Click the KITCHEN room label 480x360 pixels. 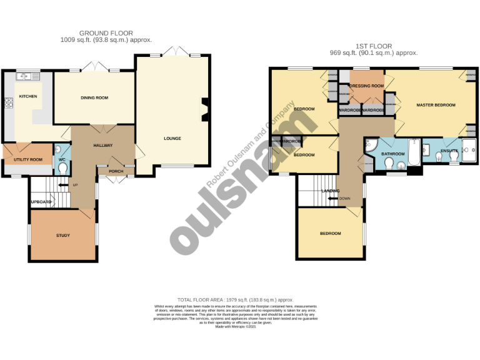click(28, 96)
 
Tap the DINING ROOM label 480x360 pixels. click(94, 97)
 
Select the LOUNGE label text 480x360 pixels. click(172, 138)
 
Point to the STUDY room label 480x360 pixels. click(62, 236)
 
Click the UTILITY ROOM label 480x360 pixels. click(28, 160)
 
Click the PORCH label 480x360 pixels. click(116, 171)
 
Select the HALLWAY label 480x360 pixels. click(102, 145)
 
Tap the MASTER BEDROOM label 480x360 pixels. click(436, 105)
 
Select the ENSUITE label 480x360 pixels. click(449, 151)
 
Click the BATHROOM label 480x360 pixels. click(394, 153)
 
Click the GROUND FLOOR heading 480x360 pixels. click(106, 33)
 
